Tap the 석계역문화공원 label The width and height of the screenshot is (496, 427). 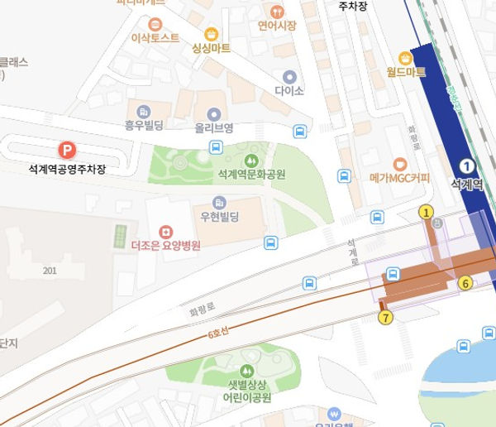click(250, 175)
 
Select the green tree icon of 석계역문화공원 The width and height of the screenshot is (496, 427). click(250, 159)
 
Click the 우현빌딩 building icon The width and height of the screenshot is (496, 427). click(219, 201)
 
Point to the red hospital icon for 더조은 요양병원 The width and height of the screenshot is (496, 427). click(165, 229)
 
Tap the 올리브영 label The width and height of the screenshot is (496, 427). click(214, 128)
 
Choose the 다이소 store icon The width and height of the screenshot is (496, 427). click(289, 76)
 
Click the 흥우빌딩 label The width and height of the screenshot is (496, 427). click(145, 126)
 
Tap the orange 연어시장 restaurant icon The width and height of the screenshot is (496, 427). click(276, 11)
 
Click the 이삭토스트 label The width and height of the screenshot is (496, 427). click(155, 38)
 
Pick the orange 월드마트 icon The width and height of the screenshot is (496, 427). click(405, 58)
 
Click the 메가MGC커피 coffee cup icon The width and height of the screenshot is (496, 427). click(400, 164)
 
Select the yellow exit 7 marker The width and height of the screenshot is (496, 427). click(385, 316)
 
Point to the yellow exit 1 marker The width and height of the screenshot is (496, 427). click(427, 212)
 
